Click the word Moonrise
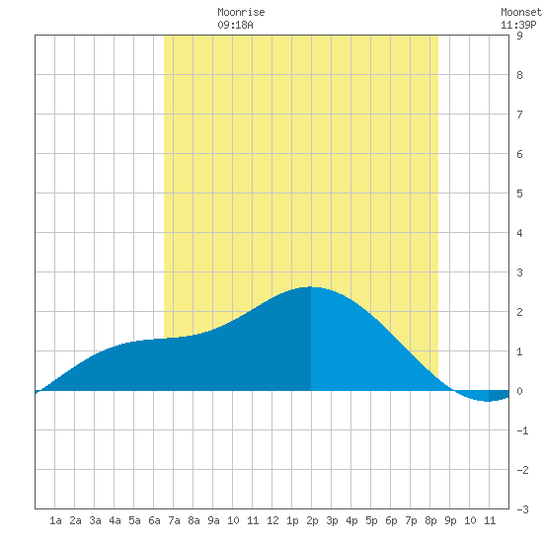click(241, 12)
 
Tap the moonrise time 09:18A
click(236, 25)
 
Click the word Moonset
click(521, 12)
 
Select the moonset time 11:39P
click(518, 25)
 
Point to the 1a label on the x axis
click(55, 520)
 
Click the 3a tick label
click(95, 520)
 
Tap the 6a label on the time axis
click(154, 520)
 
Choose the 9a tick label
click(213, 520)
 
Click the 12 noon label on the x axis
click(272, 520)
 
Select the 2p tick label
click(312, 520)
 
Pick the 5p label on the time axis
click(371, 520)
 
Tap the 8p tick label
click(430, 520)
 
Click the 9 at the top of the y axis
click(519, 36)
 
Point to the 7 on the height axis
click(519, 115)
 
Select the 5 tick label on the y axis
click(519, 194)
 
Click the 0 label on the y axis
click(519, 391)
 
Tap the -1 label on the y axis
click(522, 430)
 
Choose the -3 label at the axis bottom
click(522, 509)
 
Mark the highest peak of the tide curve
click(310, 286)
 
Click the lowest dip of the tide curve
click(488, 401)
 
